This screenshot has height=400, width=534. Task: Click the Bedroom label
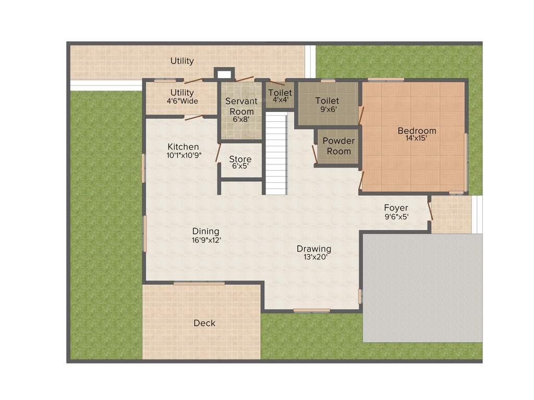pos(417,131)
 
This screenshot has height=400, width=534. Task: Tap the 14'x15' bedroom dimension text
pos(417,138)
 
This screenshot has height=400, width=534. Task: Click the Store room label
pos(240,159)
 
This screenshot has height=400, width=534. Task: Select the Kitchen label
pos(183,147)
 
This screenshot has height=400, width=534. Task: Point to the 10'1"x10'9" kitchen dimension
pos(184,155)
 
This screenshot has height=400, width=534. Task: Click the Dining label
pos(205,231)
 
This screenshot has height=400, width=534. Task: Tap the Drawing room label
pos(314,249)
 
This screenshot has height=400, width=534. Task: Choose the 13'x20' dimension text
pos(314,257)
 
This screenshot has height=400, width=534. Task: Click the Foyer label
pos(396,208)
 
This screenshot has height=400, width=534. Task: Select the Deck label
pos(204,323)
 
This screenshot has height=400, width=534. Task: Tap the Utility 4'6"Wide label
pos(182,97)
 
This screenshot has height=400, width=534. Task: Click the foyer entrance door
pos(430,211)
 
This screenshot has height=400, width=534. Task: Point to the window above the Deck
pos(199,283)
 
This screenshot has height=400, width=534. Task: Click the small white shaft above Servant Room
pos(224,74)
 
